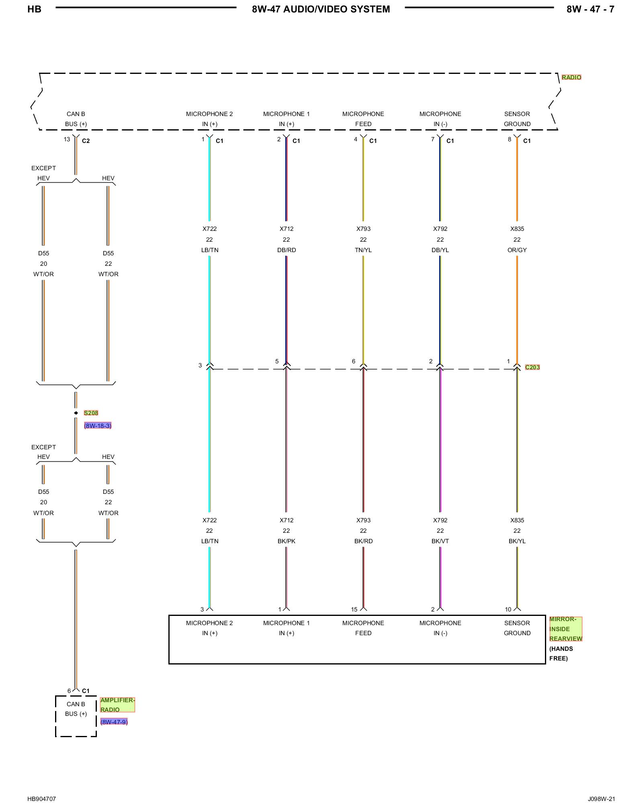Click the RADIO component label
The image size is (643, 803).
point(571,77)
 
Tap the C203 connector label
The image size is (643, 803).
point(532,367)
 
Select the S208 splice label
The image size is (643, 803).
point(91,413)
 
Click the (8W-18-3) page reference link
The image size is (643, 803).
point(98,426)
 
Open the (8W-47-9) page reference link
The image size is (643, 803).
point(114,722)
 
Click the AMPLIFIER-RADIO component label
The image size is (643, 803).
point(117,705)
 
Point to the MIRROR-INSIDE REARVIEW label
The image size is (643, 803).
point(565,629)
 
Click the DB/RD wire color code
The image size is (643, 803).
point(287,250)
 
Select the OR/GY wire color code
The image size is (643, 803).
point(517,250)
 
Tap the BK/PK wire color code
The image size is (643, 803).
point(287,541)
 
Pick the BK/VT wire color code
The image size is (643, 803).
point(440,541)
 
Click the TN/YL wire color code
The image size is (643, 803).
point(363,250)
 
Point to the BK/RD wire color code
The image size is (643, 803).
point(363,541)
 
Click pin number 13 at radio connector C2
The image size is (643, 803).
point(67,139)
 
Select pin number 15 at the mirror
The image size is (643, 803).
point(354,609)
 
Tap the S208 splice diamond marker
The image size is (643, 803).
point(76,413)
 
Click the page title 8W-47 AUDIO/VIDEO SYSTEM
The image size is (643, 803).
point(321,9)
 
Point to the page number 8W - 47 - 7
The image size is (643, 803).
point(590,9)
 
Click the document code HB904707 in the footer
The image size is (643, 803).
point(41,799)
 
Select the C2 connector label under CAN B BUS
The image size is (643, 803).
point(86,141)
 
